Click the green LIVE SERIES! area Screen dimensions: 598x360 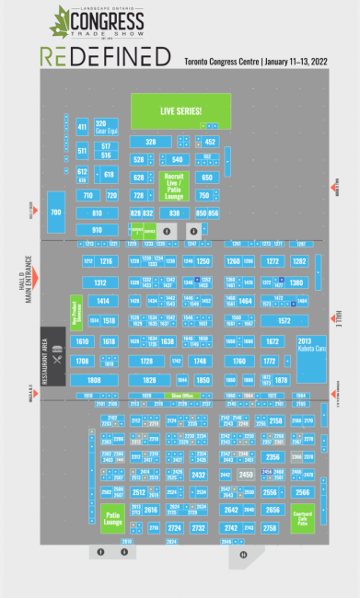coord(180,111)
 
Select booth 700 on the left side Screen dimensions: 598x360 coord(55,213)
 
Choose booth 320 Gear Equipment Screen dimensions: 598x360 coord(101,126)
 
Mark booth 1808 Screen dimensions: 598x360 coord(95,379)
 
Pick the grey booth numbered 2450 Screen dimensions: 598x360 coord(245,475)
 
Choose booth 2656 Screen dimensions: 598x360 coord(272,509)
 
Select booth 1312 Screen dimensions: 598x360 coord(100,282)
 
